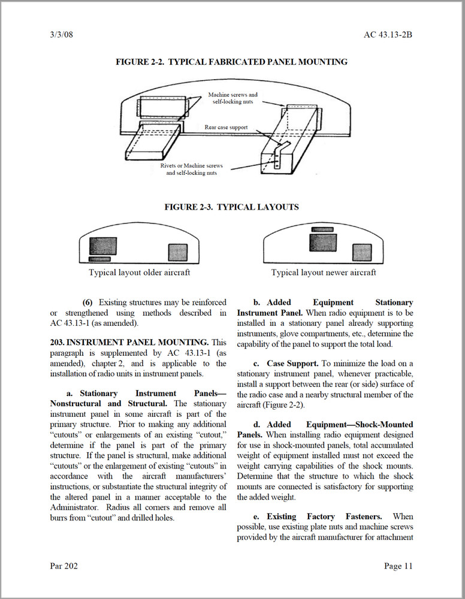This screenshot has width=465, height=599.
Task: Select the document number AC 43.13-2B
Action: [388, 34]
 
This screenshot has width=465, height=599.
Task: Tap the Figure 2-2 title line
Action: [231, 62]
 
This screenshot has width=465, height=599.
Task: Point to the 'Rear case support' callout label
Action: [226, 127]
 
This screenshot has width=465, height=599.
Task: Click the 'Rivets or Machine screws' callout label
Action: [192, 165]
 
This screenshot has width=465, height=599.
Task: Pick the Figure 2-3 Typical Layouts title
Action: [231, 207]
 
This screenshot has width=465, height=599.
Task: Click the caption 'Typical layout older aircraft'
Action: [140, 273]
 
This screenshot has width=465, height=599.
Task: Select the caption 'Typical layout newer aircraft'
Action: [324, 273]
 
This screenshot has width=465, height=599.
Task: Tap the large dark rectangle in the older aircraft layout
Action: [103, 246]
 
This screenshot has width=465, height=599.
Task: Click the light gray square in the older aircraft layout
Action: [177, 252]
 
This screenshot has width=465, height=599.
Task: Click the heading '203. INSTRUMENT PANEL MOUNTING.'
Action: [129, 342]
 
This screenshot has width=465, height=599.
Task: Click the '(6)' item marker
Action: [88, 302]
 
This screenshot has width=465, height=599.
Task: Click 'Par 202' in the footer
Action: [64, 566]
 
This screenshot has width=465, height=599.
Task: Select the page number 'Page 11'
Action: [398, 566]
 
